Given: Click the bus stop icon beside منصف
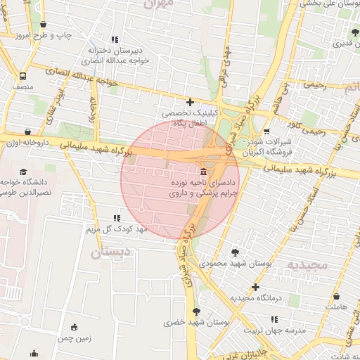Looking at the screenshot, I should click(x=23, y=76).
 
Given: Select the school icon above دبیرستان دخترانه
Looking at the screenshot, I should click(x=115, y=40).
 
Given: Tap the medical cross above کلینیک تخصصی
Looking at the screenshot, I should click(x=190, y=102).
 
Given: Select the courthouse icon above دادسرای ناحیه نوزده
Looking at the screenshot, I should click(x=203, y=172).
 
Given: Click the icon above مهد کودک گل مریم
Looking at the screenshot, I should click(x=117, y=219).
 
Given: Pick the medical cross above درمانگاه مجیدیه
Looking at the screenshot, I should click(x=255, y=287).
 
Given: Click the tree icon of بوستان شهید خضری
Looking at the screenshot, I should click(x=196, y=311).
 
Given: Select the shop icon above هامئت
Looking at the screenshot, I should click(x=337, y=297).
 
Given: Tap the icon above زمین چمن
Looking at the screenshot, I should click(x=75, y=326).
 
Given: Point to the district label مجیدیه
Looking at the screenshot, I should click(x=307, y=265).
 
